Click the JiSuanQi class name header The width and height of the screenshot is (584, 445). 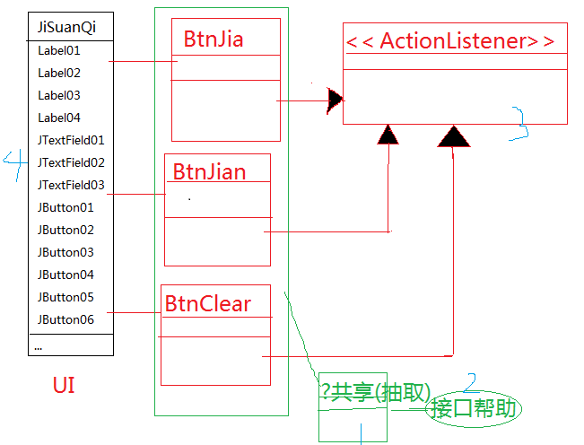click(x=66, y=27)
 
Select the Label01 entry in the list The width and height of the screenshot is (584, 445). click(x=58, y=50)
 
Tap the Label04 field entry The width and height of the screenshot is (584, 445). click(x=58, y=118)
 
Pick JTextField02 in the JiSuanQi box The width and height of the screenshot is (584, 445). click(x=71, y=162)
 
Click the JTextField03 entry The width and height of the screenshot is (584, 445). click(x=71, y=185)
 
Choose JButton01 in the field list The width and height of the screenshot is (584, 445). click(x=65, y=207)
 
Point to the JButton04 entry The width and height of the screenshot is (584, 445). click(x=65, y=275)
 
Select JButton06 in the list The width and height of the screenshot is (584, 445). click(x=65, y=319)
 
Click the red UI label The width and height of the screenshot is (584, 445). click(x=64, y=387)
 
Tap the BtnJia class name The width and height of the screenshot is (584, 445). click(x=214, y=39)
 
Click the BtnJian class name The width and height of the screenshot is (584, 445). click(x=209, y=171)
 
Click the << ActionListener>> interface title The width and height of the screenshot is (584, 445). click(x=449, y=40)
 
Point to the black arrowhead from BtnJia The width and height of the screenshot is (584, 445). click(x=336, y=100)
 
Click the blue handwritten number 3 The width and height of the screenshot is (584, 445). click(x=519, y=124)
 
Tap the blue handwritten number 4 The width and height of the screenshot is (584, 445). click(x=13, y=162)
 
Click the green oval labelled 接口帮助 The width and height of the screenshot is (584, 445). click(x=475, y=409)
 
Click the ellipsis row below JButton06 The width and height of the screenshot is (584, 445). click(x=39, y=345)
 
